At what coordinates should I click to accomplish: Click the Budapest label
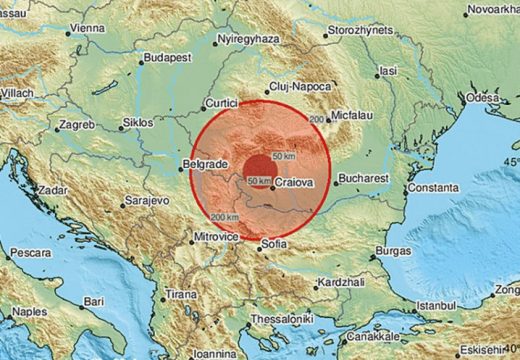167,57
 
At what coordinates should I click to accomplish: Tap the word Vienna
88,29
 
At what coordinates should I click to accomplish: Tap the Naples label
30,312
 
